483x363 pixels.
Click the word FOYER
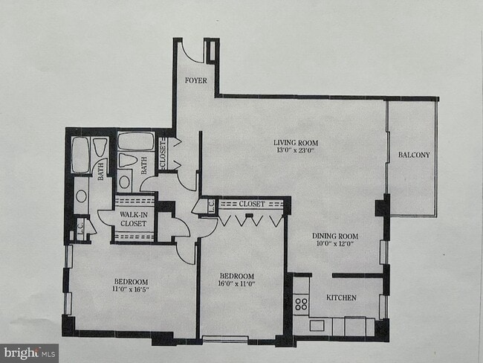pos(195,80)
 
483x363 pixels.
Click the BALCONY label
pos(414,155)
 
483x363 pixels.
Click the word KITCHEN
pos(342,298)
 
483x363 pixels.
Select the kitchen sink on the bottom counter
pos(317,325)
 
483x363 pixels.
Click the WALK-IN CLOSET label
pos(134,218)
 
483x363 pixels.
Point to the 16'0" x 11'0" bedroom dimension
pos(236,283)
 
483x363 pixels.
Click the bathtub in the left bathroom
pos(80,154)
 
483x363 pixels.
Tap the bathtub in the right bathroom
pos(135,141)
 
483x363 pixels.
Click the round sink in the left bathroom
pos(81,198)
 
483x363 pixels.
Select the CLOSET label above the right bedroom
pos(253,203)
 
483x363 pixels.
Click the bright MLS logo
pos(30,353)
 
